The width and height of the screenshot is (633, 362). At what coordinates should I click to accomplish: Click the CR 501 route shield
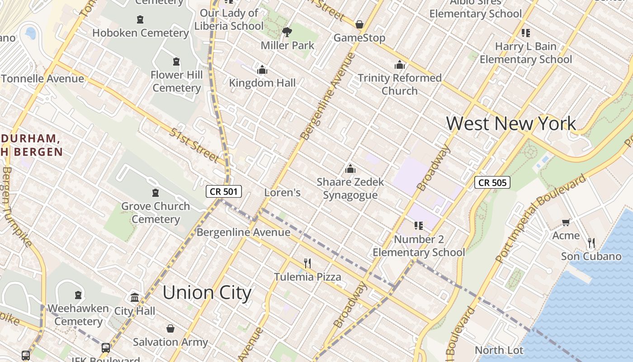(x=224, y=191)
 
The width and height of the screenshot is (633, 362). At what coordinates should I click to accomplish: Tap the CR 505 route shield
(x=492, y=182)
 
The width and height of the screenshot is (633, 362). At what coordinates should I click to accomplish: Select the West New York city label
(x=511, y=124)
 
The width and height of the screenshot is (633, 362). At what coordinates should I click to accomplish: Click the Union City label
(x=207, y=292)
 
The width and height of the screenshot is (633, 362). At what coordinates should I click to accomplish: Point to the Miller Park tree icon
(x=287, y=32)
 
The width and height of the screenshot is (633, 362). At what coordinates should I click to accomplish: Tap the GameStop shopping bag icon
(x=359, y=24)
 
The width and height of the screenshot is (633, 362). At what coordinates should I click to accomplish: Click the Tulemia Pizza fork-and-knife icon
(x=307, y=263)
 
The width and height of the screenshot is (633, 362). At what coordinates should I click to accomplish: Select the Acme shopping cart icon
(x=566, y=222)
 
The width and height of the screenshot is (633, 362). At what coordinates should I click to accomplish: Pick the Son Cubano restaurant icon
(x=591, y=243)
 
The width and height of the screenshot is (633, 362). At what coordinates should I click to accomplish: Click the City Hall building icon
(x=135, y=297)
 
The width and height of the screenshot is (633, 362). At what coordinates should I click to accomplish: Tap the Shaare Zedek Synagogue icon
(x=350, y=169)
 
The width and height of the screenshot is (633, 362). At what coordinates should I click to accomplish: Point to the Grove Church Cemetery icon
(x=156, y=193)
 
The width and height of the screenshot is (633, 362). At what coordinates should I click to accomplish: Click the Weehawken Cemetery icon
(x=78, y=295)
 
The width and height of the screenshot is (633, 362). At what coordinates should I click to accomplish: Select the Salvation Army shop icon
(x=170, y=329)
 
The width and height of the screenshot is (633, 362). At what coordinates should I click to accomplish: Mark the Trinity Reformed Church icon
(x=399, y=65)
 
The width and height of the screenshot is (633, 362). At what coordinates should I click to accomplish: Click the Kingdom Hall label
(x=262, y=83)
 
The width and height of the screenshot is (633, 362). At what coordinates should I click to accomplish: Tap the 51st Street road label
(x=194, y=145)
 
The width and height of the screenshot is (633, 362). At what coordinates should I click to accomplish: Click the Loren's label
(x=282, y=192)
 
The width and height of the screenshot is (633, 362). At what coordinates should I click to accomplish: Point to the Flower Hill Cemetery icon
(x=176, y=62)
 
